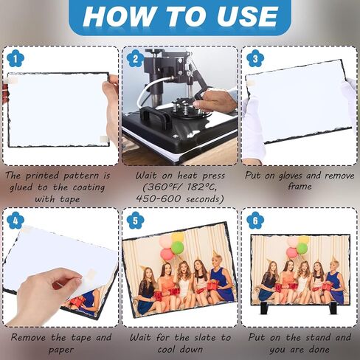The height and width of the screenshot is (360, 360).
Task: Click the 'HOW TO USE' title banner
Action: point(179,16)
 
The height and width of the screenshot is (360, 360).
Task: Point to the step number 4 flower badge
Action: point(14,219)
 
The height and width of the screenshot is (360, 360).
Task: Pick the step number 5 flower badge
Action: point(134,219)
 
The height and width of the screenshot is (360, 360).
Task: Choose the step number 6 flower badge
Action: point(255,219)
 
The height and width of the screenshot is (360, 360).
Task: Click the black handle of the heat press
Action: point(153,117)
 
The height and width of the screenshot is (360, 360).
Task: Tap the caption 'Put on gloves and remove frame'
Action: point(299,181)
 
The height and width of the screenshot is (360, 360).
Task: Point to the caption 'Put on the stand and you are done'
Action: point(299,342)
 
